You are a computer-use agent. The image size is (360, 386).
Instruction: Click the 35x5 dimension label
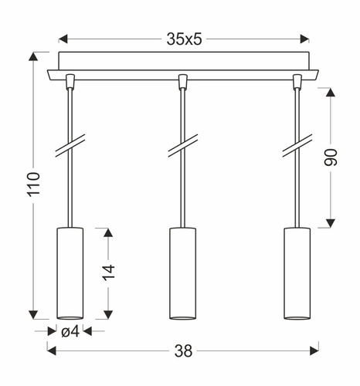click(184, 39)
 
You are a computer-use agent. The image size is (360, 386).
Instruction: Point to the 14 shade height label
click(108, 272)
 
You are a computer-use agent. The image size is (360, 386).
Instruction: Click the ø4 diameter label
click(70, 333)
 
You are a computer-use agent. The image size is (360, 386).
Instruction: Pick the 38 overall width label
click(183, 351)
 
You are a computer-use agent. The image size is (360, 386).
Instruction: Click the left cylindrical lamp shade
click(70, 273)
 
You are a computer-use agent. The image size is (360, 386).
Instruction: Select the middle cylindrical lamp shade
click(183, 273)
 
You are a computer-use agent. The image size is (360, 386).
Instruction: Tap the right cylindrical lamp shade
click(297, 273)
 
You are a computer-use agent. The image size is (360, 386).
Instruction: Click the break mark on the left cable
click(70, 147)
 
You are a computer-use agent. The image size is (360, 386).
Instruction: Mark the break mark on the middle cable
click(183, 147)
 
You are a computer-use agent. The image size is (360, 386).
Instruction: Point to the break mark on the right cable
click(297, 147)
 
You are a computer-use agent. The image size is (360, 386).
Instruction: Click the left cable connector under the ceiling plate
click(70, 80)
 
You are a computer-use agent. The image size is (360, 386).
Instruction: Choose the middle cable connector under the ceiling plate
click(183, 80)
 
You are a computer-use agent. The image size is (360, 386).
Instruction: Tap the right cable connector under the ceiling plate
click(297, 80)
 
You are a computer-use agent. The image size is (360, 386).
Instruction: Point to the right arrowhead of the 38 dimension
click(314, 351)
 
